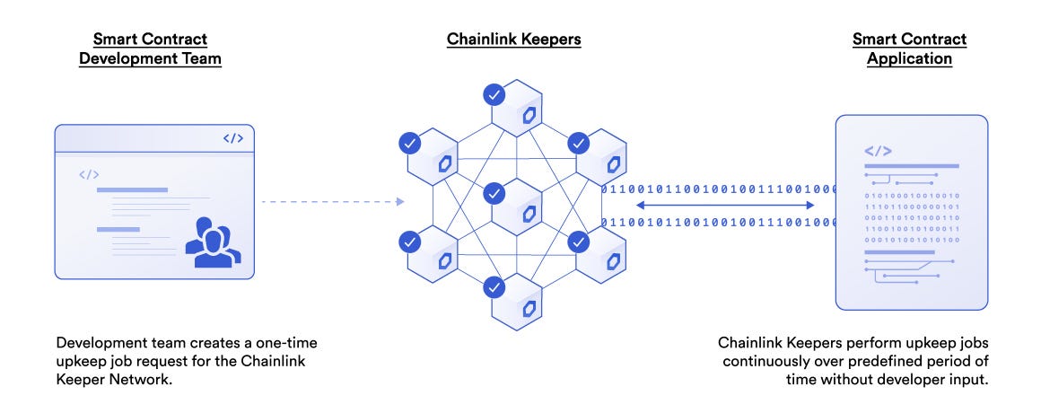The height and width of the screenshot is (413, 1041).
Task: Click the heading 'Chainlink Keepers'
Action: [x=514, y=40]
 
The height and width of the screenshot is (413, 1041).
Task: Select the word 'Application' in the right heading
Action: [x=909, y=58]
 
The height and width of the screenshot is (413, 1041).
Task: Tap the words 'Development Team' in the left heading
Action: [x=150, y=58]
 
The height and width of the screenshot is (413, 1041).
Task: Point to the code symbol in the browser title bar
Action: [x=232, y=138]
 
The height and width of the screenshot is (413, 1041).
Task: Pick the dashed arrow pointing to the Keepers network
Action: [x=332, y=202]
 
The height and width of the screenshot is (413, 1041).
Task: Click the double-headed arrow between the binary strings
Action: [x=724, y=206]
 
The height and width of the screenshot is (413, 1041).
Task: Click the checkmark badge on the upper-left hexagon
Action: [x=409, y=142]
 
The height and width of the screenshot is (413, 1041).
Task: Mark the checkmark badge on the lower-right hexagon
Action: [x=579, y=241]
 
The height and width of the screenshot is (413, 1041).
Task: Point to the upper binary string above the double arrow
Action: [x=718, y=189]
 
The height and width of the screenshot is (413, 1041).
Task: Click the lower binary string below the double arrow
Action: [x=718, y=222]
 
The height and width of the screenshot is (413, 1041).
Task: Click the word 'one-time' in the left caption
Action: [x=287, y=344]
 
